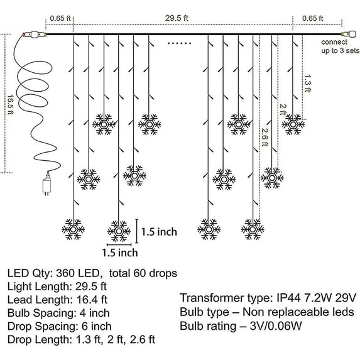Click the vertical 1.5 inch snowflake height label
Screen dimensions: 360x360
click(x=159, y=232)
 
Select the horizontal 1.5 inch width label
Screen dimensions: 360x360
click(x=119, y=253)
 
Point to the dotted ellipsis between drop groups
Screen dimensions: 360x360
click(x=179, y=44)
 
